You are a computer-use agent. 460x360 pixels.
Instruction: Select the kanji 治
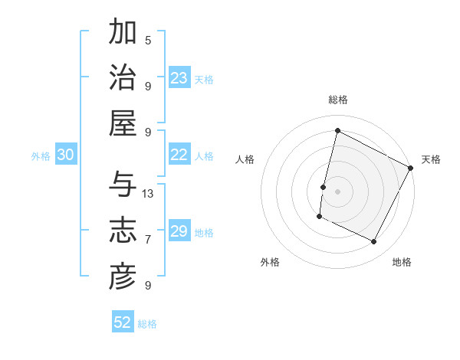tap(123, 78)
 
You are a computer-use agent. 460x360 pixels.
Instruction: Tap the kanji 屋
tap(123, 123)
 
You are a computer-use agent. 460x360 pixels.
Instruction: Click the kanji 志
tap(123, 231)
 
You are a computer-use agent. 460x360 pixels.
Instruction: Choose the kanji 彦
tap(123, 277)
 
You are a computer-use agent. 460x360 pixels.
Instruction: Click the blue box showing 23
tap(179, 78)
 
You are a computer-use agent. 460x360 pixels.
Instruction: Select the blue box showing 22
tap(179, 155)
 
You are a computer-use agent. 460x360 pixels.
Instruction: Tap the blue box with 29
tap(179, 231)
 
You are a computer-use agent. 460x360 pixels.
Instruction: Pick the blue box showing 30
tap(66, 155)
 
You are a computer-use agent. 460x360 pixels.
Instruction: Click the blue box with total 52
tap(123, 322)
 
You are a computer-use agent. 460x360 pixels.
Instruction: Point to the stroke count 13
tap(148, 193)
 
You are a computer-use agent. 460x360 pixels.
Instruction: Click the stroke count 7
tap(148, 239)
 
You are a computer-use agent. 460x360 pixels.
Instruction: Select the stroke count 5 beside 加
tap(148, 41)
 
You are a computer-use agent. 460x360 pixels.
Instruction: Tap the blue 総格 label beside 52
tap(147, 324)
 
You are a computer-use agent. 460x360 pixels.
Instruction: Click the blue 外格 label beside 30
tap(41, 155)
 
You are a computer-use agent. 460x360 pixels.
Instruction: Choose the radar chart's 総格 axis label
tap(337, 100)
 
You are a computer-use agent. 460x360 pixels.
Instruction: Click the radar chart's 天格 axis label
tap(431, 159)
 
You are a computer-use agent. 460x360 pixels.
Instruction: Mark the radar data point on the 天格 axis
tap(411, 168)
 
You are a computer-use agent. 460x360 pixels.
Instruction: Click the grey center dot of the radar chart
tap(337, 191)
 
